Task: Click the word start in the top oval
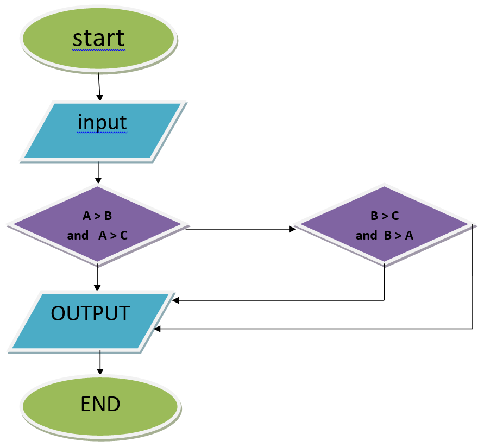click(98, 38)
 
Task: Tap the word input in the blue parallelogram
click(102, 122)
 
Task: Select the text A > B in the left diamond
click(97, 216)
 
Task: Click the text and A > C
click(97, 235)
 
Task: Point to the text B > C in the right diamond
click(385, 216)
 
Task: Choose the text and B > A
click(385, 235)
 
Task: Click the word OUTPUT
click(90, 313)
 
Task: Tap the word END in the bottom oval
click(100, 404)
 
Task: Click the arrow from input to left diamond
click(98, 173)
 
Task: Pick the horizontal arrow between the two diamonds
click(239, 229)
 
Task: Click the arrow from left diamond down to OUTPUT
click(97, 278)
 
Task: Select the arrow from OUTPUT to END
click(100, 362)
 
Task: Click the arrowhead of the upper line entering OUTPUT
click(174, 300)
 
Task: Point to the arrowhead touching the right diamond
click(292, 229)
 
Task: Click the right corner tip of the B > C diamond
click(470, 224)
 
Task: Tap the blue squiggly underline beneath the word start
click(98, 49)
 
